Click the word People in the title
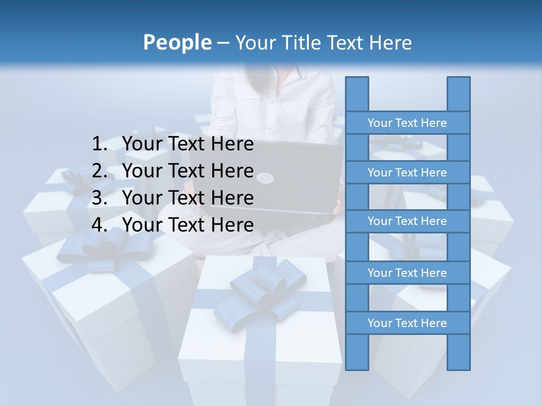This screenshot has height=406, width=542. coord(177,43)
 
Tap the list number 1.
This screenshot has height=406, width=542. coord(99,144)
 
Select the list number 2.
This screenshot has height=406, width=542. coord(99,171)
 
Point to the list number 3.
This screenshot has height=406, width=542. coord(99,198)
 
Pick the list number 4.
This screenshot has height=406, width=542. coord(99,225)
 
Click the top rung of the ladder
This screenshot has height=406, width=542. coord(407,123)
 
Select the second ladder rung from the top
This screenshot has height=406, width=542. coord(407,173)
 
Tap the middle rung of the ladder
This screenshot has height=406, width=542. coord(407,222)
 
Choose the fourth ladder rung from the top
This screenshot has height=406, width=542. coord(407,273)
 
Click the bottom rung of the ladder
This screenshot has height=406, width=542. coord(407,323)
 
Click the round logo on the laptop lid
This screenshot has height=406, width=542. coord(265,179)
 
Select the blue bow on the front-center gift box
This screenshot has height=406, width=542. coord(259,296)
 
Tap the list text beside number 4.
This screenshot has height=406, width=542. coord(188,225)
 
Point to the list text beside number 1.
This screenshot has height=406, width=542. coord(188,144)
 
